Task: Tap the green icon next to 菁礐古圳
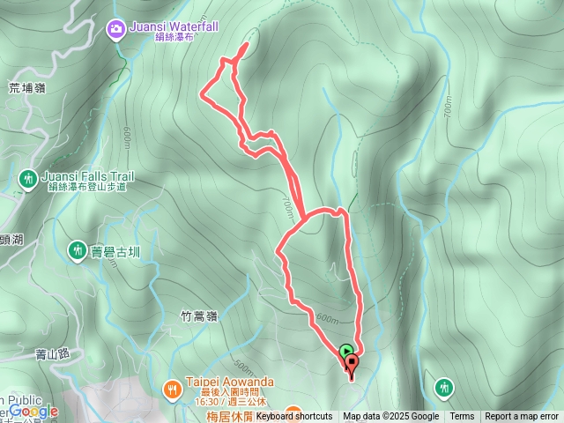point(77,251)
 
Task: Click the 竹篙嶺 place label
point(198,315)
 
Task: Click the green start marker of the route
point(345,351)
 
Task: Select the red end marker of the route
point(352,363)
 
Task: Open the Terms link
point(462,417)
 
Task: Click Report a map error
point(522,417)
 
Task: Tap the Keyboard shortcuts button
point(294,417)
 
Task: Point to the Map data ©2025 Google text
point(391,417)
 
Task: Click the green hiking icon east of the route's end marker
point(444,387)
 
